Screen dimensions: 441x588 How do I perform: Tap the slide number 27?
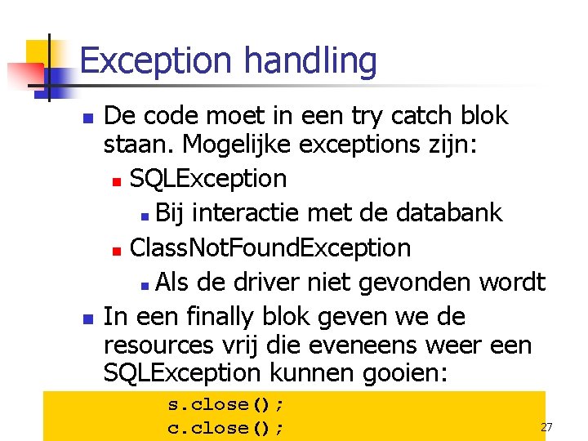tap(546, 427)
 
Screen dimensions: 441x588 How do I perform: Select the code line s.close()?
tap(226, 404)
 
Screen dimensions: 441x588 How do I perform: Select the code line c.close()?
tap(226, 427)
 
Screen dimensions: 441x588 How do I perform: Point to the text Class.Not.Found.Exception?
tap(270, 247)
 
